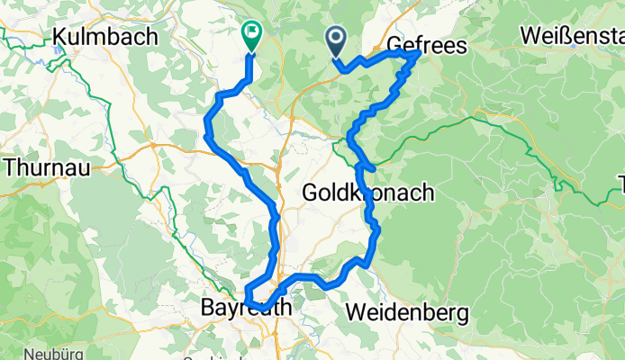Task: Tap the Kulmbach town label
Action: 105,37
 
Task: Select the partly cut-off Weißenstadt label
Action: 572,37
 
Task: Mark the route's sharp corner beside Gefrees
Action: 420,54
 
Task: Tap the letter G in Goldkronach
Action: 309,193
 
